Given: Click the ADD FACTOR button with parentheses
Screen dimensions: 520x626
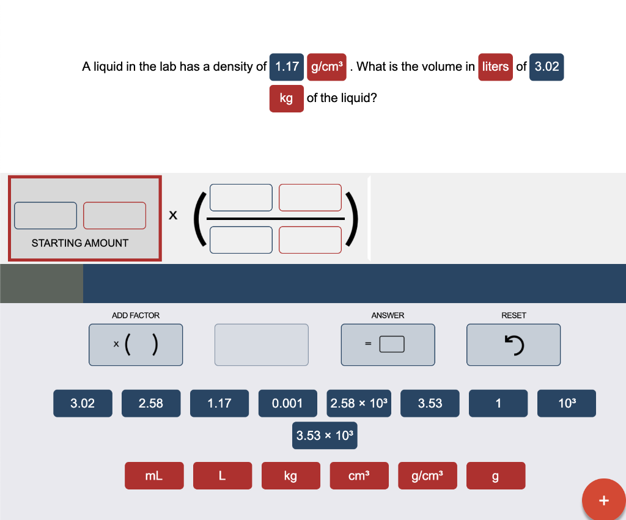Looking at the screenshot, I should (x=135, y=345).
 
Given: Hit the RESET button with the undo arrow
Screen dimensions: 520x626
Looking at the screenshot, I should (x=513, y=345).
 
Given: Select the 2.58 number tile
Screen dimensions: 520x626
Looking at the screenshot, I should (x=151, y=403).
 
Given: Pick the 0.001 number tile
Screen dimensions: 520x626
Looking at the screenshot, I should (x=287, y=403).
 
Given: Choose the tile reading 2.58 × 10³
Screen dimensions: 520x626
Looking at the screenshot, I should (x=359, y=403).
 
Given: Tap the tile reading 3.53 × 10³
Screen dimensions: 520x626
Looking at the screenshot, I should (x=325, y=436).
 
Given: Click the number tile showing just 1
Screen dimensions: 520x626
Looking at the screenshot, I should (x=498, y=403).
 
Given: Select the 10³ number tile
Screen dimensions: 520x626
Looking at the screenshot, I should (x=567, y=403).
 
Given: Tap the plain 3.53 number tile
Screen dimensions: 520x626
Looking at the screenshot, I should (x=430, y=403).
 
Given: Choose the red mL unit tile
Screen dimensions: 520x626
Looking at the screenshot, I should (x=154, y=476).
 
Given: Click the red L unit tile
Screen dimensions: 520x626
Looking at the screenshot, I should (x=223, y=476).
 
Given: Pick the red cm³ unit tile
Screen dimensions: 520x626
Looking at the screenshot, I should (x=359, y=476).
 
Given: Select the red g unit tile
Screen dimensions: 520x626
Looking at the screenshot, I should (x=495, y=476).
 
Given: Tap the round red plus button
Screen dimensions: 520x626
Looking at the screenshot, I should (x=603, y=500).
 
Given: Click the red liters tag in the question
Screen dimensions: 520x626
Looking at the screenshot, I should (x=495, y=67).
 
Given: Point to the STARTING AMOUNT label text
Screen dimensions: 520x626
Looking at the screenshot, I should (x=80, y=243).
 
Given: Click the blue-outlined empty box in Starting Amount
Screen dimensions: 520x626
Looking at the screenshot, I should (x=46, y=216).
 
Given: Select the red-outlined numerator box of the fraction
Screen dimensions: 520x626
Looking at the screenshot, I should (x=310, y=197).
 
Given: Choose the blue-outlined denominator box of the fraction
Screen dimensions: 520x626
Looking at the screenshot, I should (x=241, y=240).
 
